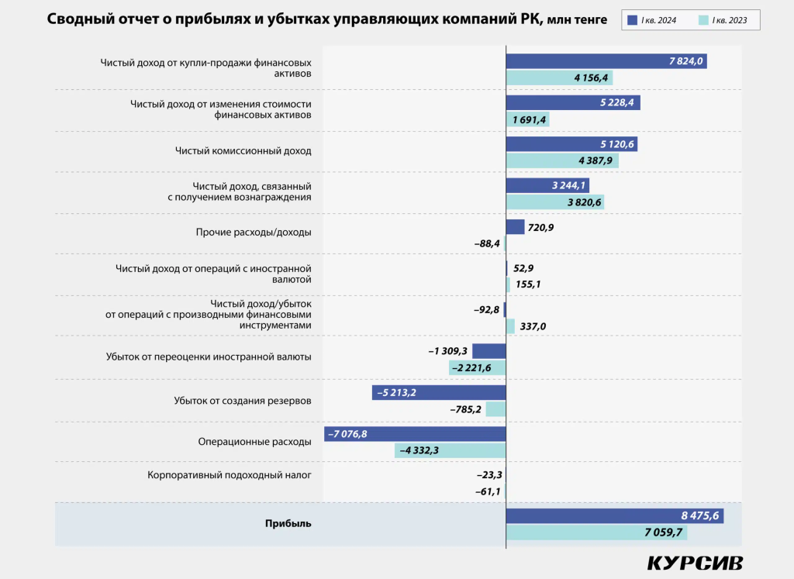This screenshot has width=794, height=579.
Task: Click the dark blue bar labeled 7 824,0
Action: (606, 62)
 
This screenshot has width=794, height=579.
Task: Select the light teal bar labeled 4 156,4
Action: (558, 78)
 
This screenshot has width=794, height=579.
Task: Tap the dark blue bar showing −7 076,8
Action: (415, 434)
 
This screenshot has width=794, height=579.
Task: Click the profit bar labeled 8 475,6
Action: (614, 516)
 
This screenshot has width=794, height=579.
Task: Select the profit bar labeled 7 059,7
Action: (595, 532)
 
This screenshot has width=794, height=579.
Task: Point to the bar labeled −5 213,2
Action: (439, 393)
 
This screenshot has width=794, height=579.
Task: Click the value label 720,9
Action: (540, 227)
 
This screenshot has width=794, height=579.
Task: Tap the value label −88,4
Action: (487, 243)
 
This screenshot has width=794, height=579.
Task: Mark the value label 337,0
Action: (533, 326)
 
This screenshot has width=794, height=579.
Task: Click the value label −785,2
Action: (466, 409)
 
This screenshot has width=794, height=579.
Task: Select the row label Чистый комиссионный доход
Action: (243, 151)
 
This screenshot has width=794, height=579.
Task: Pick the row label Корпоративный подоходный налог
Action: (230, 474)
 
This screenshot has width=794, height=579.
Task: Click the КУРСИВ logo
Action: (694, 563)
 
